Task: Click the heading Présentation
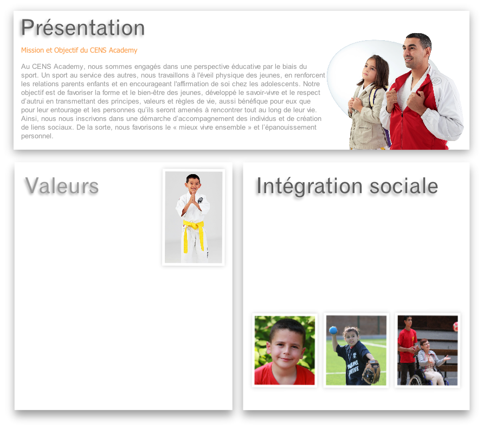[x=82, y=28]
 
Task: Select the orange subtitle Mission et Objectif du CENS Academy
[x=79, y=50]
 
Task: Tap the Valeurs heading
[x=62, y=186]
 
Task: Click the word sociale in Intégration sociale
[x=403, y=186]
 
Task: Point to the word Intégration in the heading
[x=310, y=187]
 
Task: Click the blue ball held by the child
[x=333, y=330]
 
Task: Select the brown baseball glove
[x=371, y=372]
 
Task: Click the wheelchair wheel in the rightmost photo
[x=416, y=380]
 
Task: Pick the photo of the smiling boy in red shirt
[x=285, y=350]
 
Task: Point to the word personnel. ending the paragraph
[x=37, y=136]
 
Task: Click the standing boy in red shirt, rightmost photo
[x=407, y=350]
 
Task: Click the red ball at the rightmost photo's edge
[x=455, y=327]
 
